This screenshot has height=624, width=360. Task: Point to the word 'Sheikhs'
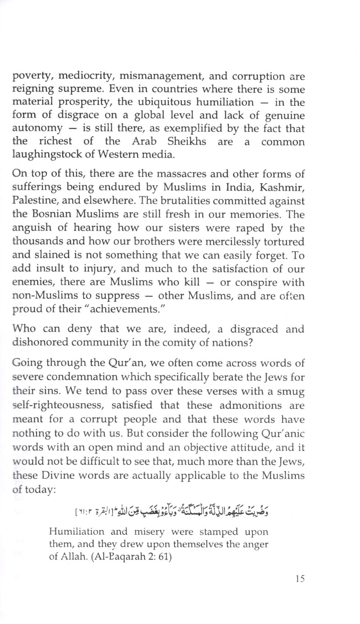[186, 141]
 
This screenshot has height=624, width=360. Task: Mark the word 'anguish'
[32, 228]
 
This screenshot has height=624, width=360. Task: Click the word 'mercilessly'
[234, 242]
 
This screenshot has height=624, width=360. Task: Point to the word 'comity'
[185, 342]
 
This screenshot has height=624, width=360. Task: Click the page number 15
[300, 579]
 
